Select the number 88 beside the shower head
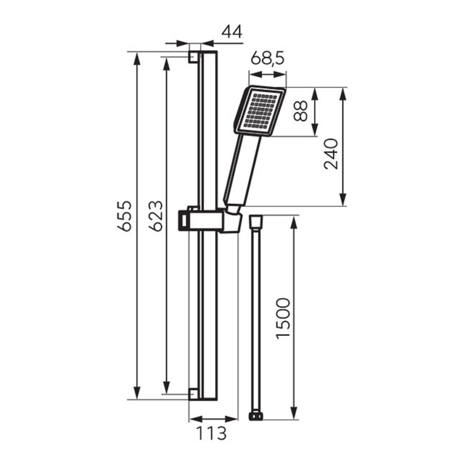pyautogui.click(x=301, y=111)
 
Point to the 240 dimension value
pyautogui.click(x=331, y=154)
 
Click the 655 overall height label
pyautogui.click(x=124, y=216)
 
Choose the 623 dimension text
pyautogui.click(x=156, y=216)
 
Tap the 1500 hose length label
pyautogui.click(x=283, y=318)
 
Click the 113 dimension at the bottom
pyautogui.click(x=212, y=433)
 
